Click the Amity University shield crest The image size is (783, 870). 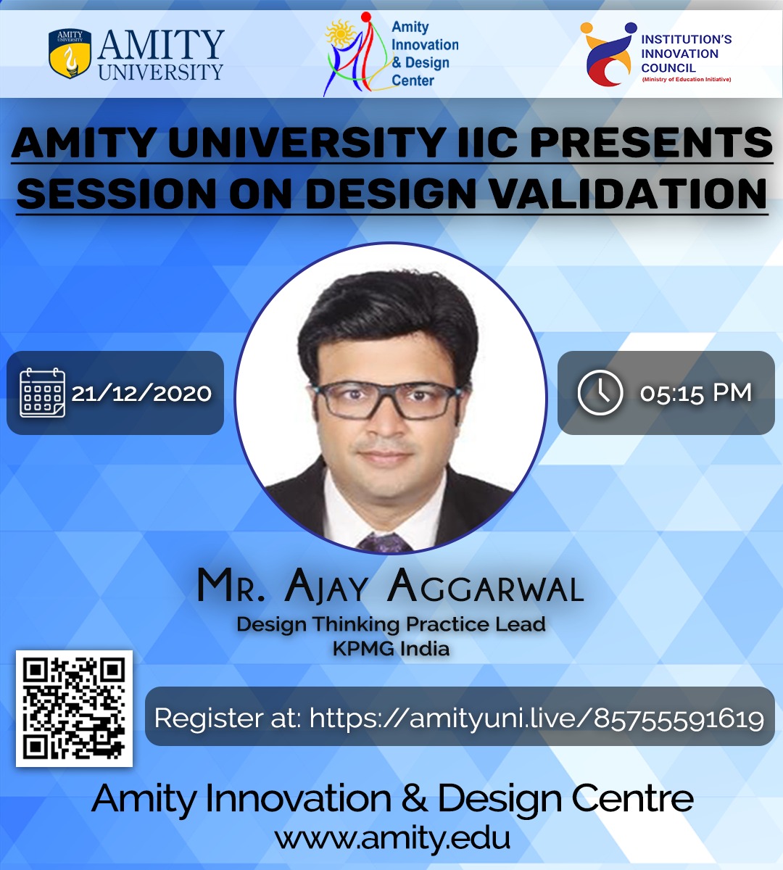[70, 54]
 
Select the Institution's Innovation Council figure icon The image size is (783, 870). [608, 54]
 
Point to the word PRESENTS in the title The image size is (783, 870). [651, 142]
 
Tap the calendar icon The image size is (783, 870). [43, 392]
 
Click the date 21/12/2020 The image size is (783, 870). [141, 394]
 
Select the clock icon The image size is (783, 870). [600, 392]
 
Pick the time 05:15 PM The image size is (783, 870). [696, 394]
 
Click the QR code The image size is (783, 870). [74, 708]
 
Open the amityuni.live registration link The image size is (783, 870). [536, 718]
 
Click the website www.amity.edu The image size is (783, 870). [392, 838]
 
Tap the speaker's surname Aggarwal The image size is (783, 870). [486, 586]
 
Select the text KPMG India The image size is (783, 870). [391, 649]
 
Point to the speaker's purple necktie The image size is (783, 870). [384, 543]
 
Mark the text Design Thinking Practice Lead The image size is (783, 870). [391, 624]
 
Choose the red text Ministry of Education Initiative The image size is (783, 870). [687, 79]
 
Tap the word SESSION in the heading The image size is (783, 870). [116, 193]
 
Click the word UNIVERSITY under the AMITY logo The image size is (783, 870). [160, 72]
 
